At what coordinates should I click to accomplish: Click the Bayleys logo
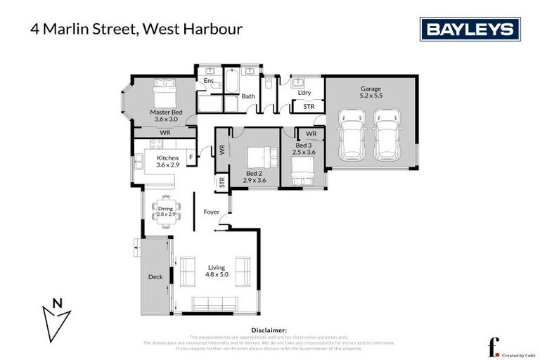pos(470,30)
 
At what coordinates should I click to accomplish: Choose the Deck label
pos(155,277)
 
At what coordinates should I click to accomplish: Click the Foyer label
pos(212,212)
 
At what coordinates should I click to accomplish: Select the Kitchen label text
pos(167,158)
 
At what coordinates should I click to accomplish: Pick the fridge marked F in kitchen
pos(191,158)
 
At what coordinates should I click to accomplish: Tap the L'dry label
pos(304,93)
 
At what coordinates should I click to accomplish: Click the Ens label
pos(208,81)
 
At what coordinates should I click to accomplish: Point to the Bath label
pos(248,96)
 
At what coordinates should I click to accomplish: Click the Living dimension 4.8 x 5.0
pos(217,274)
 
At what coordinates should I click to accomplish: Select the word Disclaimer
pos(269,329)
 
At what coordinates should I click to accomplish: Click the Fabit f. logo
pos(494,347)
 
